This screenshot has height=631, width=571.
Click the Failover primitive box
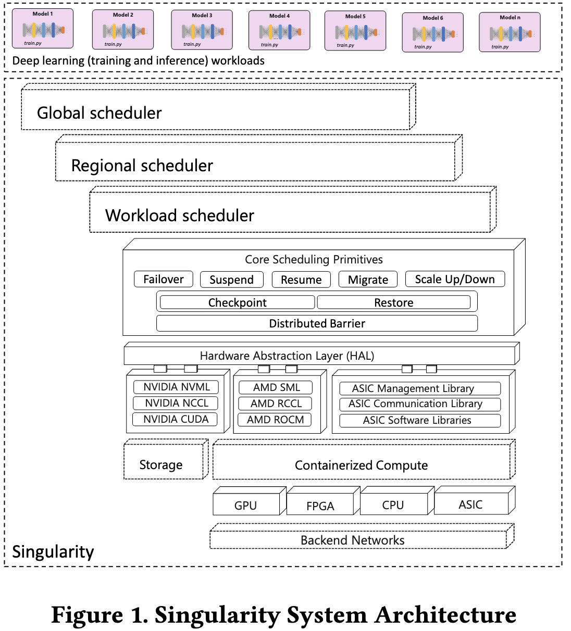coord(164,279)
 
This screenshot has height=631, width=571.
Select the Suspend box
coord(232,280)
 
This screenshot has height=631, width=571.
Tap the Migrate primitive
coord(368,280)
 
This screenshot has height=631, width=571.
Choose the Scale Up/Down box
coord(455,279)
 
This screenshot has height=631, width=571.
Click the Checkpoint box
coord(238,302)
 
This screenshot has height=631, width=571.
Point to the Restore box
coord(394,302)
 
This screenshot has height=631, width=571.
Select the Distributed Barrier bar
coord(317,323)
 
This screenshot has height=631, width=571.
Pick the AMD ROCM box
coord(275,420)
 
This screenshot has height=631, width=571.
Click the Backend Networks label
coord(353,540)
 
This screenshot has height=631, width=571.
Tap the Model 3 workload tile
coord(202,30)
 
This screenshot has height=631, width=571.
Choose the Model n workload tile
coord(510,32)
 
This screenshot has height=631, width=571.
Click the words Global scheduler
coord(99,113)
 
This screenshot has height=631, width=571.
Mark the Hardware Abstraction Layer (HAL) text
coord(287,356)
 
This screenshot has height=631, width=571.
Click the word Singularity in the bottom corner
coord(53,552)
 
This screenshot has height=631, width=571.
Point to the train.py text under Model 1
coord(33,43)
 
